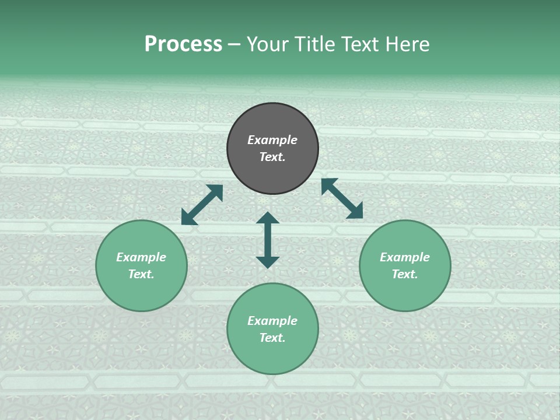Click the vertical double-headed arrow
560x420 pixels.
pos(268,240)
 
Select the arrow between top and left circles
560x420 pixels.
pos(202,205)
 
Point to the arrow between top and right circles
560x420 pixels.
pos(342,198)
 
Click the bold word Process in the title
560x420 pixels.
pos(183,44)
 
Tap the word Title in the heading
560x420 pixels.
pos(316,44)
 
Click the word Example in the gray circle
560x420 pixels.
pos(272,140)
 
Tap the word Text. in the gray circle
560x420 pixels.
pos(272,157)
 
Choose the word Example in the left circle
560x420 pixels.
pos(141,257)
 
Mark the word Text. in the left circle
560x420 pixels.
pos(141,274)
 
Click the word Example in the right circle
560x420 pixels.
pos(405,257)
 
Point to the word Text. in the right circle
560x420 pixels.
pos(405,274)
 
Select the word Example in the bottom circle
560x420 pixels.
pos(272,321)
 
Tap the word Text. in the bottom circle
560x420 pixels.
pos(272,338)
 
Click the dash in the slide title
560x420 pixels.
pos(235,45)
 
